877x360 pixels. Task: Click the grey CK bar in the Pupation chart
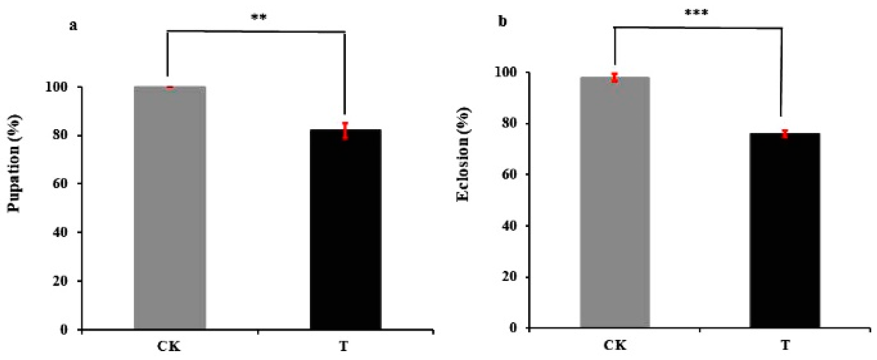(x=170, y=208)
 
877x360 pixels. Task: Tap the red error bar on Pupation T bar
(x=345, y=131)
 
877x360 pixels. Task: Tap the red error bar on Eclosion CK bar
(x=614, y=78)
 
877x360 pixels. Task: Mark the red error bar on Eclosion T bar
(x=785, y=134)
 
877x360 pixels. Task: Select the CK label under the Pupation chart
(x=169, y=346)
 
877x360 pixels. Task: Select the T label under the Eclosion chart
(x=785, y=345)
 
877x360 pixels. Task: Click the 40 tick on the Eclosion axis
(x=509, y=226)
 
